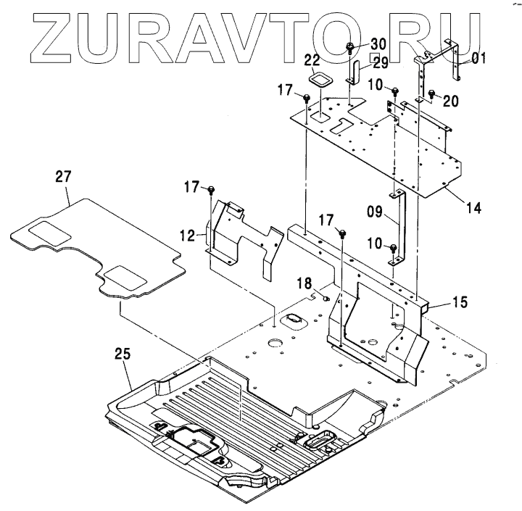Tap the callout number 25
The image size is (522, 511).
pos(123,354)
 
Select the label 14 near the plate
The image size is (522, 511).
pos(473,208)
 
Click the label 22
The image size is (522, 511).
pos(312,59)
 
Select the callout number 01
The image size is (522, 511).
pos(478,58)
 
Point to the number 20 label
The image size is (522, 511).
pos(450,101)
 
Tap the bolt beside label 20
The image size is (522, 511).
pos(431,94)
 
